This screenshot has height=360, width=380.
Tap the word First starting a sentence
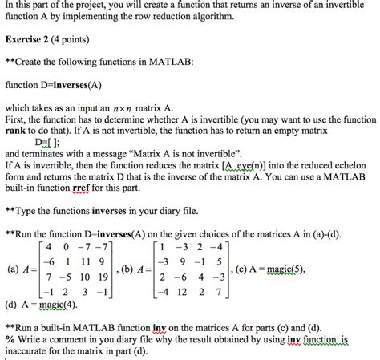tap(16, 118)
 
